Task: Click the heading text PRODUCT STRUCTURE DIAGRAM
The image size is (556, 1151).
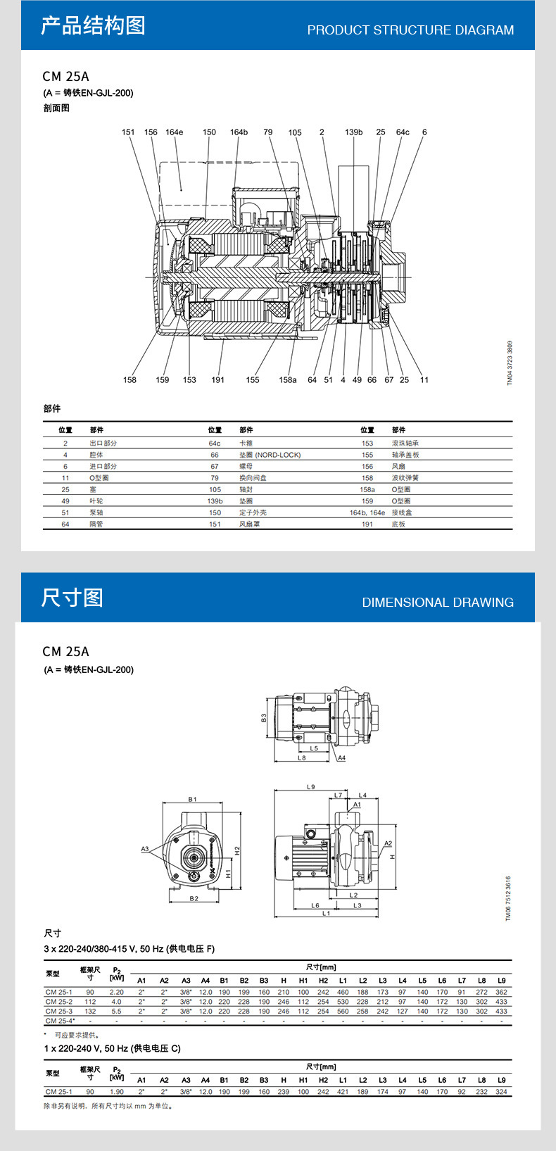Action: click(410, 30)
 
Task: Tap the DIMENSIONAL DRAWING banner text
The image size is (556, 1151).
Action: click(438, 603)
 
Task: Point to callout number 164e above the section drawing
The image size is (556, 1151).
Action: click(174, 132)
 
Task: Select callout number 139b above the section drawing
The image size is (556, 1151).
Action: click(353, 132)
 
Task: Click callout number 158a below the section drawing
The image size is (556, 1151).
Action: click(287, 380)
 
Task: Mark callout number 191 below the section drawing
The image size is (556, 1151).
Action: click(218, 380)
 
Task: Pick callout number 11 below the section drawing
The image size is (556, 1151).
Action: click(424, 380)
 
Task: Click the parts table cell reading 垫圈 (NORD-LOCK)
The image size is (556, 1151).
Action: click(270, 455)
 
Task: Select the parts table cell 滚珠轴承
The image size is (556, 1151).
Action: click(405, 444)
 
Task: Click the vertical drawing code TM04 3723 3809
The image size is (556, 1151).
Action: click(510, 363)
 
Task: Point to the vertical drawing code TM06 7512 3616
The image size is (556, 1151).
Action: click(509, 898)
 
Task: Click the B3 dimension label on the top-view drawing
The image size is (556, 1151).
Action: click(264, 717)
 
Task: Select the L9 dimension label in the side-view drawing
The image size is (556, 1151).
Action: click(311, 787)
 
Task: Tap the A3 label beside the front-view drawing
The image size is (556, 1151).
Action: click(145, 849)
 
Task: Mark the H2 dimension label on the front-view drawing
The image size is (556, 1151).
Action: click(237, 850)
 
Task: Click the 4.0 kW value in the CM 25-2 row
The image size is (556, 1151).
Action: click(116, 1002)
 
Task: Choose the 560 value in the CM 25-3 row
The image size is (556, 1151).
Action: click(343, 1012)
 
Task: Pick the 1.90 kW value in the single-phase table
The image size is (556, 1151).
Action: click(116, 1092)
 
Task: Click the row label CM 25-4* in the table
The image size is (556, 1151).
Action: click(60, 1021)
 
